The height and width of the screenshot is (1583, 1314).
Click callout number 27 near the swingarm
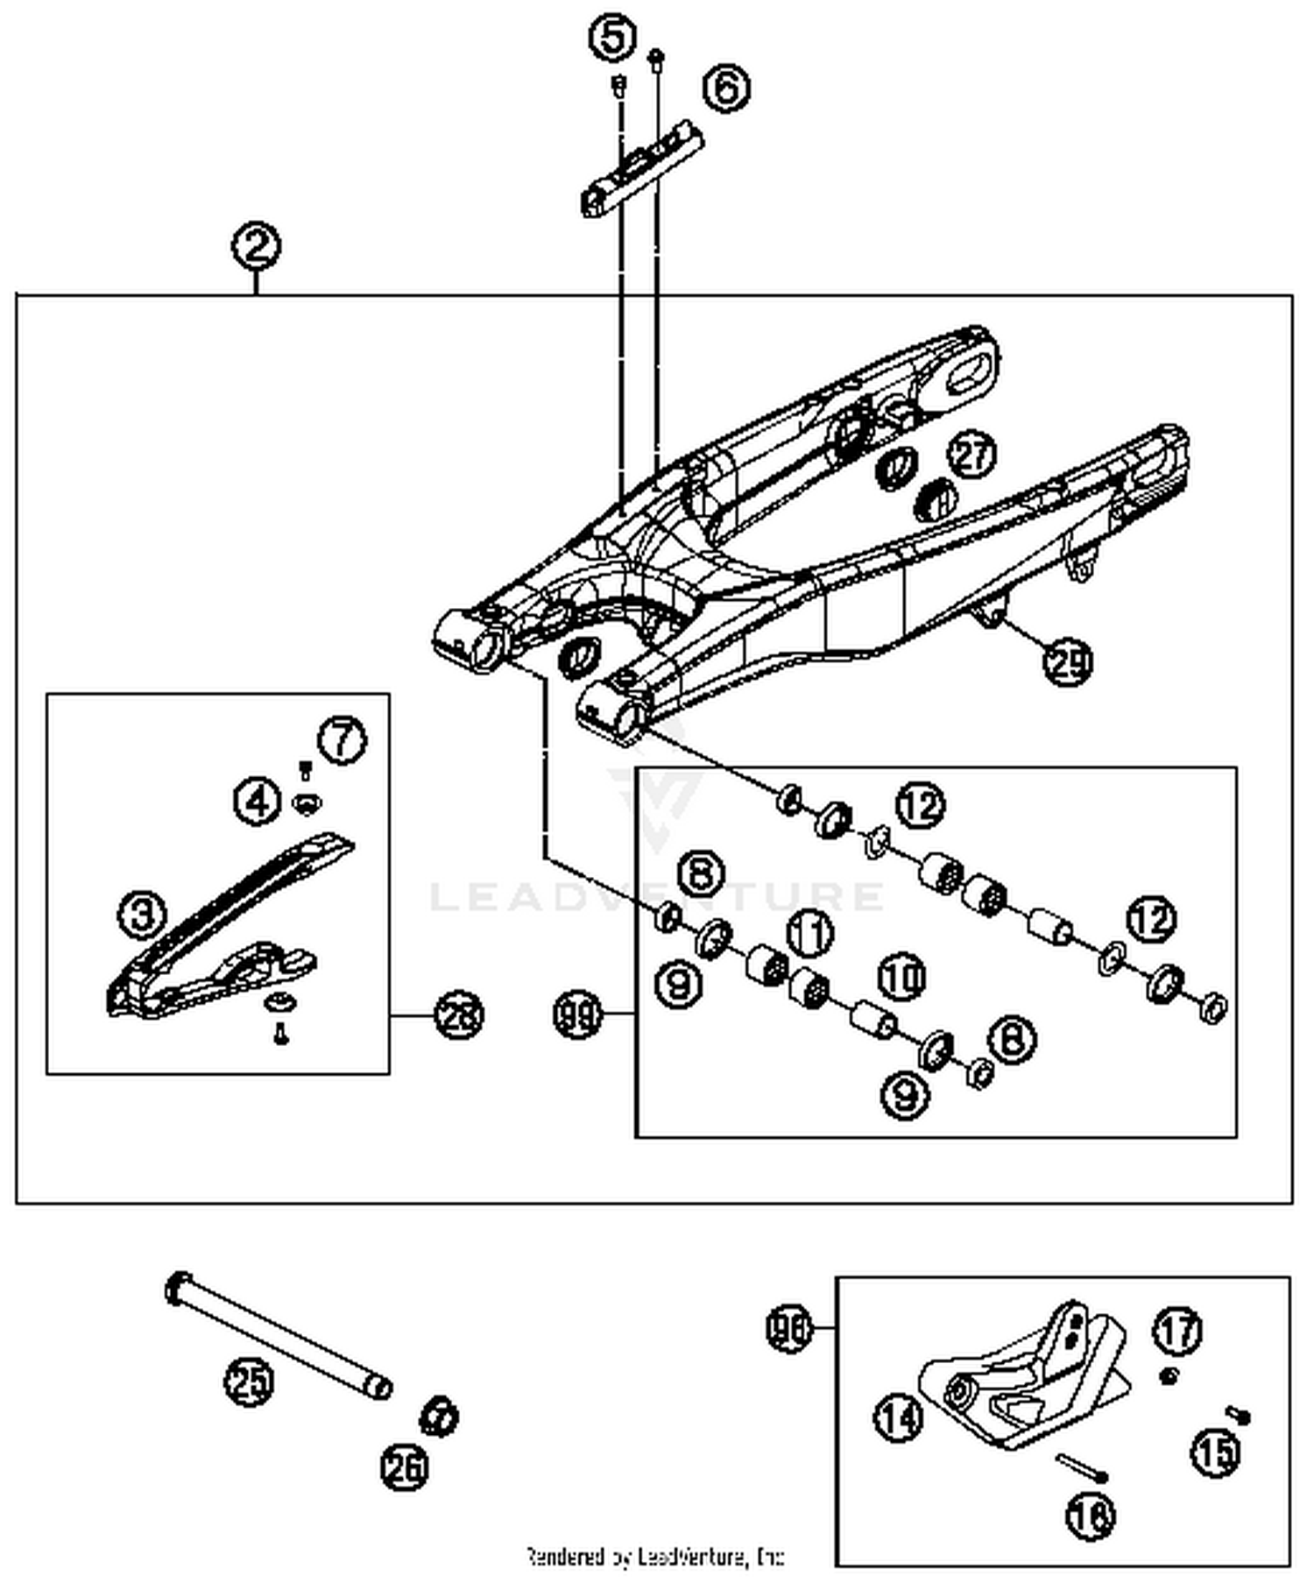[x=972, y=454]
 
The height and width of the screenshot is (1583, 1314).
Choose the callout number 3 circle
[x=143, y=915]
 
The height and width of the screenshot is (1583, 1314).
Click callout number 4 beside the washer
[x=257, y=801]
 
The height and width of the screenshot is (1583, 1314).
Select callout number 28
[x=459, y=1016]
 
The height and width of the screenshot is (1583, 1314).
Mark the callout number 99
[x=578, y=1016]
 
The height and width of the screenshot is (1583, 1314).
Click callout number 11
[x=810, y=932]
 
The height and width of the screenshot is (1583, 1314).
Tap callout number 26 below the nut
[x=405, y=1467]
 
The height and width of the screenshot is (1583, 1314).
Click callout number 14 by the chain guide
[x=899, y=1417]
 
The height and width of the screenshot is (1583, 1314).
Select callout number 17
[x=1178, y=1331]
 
